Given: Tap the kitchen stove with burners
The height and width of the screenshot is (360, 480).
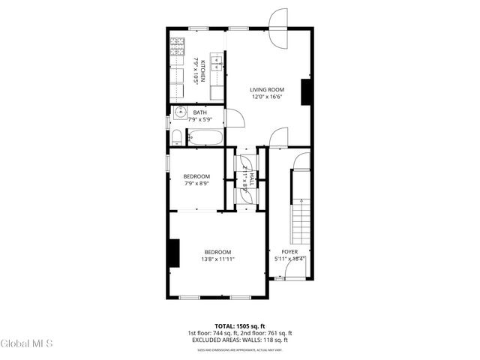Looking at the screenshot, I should [x=178, y=49].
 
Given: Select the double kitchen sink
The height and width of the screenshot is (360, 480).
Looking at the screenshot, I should [x=217, y=63].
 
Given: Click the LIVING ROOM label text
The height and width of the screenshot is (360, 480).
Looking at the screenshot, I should [x=266, y=89].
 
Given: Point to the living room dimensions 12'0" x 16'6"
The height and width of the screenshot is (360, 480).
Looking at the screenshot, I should [x=266, y=97].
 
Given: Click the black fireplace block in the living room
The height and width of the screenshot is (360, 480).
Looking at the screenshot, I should [x=306, y=91].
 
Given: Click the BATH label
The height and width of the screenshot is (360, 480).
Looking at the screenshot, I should [x=200, y=112].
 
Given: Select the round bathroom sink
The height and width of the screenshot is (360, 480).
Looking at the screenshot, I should [x=179, y=113].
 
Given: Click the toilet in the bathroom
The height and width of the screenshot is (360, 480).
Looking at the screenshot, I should [x=175, y=136].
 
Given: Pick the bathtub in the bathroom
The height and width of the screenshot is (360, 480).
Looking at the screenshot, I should [x=204, y=137].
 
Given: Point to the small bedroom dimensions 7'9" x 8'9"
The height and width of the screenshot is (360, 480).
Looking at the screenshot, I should [x=196, y=184].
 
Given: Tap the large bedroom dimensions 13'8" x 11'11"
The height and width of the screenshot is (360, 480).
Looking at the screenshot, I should [x=217, y=259].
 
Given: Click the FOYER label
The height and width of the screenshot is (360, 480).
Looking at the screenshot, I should [x=289, y=252].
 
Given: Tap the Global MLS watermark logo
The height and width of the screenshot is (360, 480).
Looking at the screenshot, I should [x=27, y=344].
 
